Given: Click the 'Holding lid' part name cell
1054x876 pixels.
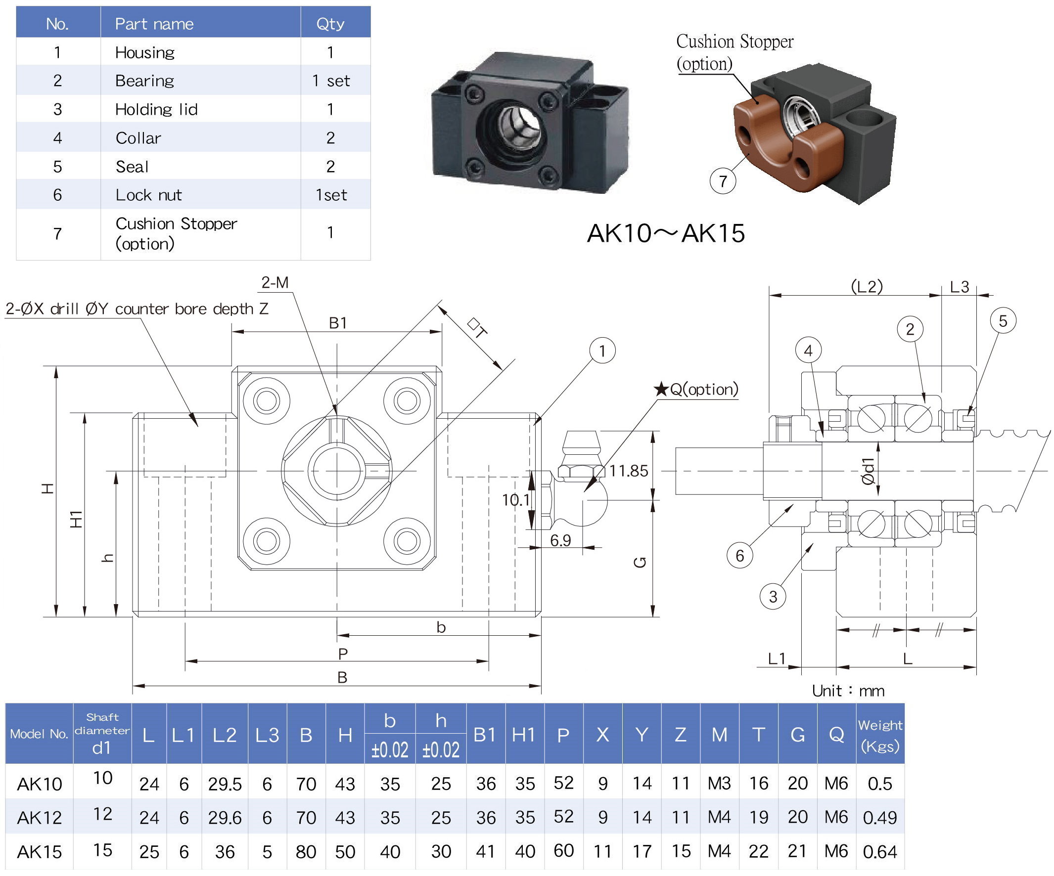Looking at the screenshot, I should pyautogui.click(x=156, y=109).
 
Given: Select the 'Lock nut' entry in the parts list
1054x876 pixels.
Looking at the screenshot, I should pyautogui.click(x=148, y=195).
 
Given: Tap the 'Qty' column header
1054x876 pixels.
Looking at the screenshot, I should pyautogui.click(x=330, y=24).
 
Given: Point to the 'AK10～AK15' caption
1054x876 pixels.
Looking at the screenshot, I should pyautogui.click(x=666, y=233).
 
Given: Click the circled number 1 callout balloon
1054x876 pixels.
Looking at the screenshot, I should pyautogui.click(x=602, y=350).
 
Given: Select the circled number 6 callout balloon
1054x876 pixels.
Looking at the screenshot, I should pyautogui.click(x=739, y=555).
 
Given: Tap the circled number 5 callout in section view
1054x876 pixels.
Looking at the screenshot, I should pyautogui.click(x=1003, y=321).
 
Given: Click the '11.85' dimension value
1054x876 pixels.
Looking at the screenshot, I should pyautogui.click(x=628, y=471).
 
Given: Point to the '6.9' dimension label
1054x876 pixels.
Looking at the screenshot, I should pyautogui.click(x=560, y=540).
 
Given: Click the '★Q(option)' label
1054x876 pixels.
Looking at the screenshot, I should pyautogui.click(x=695, y=389).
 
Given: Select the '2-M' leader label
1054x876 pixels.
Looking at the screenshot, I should pyautogui.click(x=275, y=283).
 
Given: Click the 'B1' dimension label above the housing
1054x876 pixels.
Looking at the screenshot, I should pyautogui.click(x=338, y=323).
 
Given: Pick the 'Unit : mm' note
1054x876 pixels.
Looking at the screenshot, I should pyautogui.click(x=848, y=691).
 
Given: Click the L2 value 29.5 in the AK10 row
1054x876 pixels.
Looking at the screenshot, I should pyautogui.click(x=225, y=784).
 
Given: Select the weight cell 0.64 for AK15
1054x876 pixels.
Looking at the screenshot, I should pyautogui.click(x=880, y=852).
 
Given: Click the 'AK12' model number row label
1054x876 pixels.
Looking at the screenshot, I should pyautogui.click(x=39, y=818).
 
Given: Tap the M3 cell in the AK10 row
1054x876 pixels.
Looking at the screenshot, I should pyautogui.click(x=719, y=784).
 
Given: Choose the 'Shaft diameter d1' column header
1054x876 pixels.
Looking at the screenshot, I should pyautogui.click(x=102, y=734).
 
